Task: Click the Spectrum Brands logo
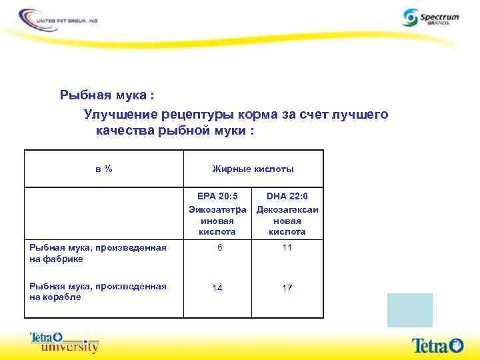(430, 17)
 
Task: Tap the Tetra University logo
(65, 342)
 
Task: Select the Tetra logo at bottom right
(437, 345)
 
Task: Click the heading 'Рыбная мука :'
(107, 95)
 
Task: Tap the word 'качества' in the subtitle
(125, 131)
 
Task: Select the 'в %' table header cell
(104, 169)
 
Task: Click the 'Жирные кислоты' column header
(253, 169)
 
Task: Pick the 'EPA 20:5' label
(217, 196)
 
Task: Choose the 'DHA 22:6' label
(287, 196)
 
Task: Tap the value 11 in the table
(287, 248)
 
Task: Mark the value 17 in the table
(287, 288)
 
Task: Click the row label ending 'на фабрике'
(97, 253)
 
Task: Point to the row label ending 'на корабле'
(97, 291)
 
